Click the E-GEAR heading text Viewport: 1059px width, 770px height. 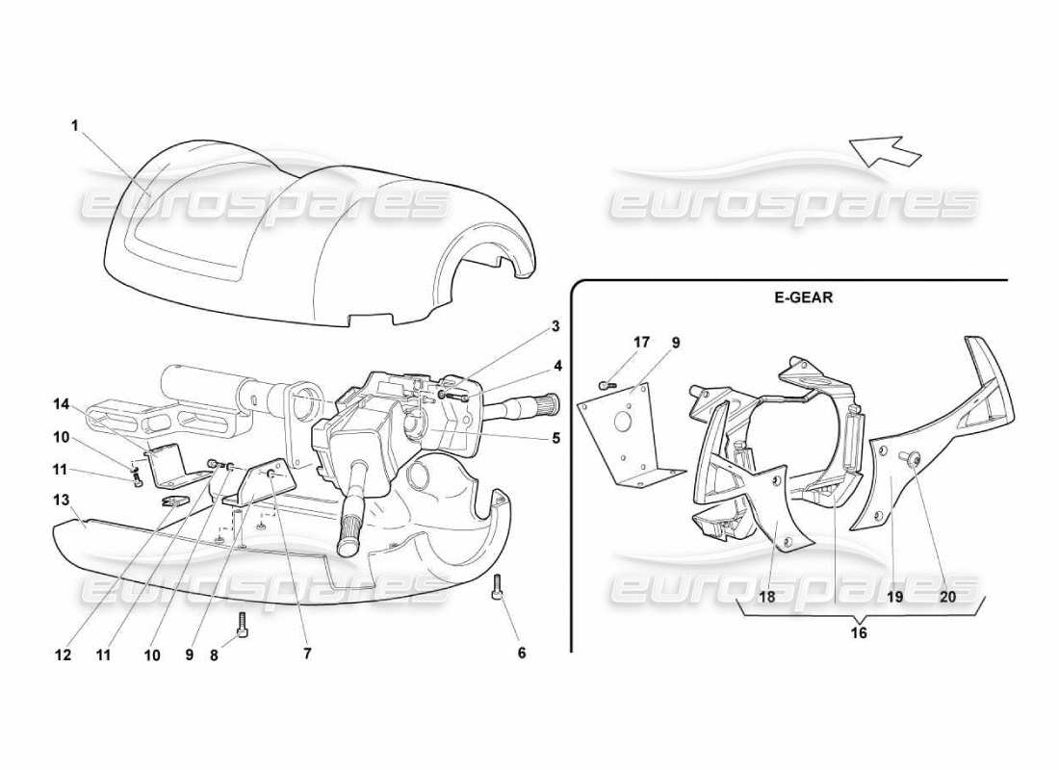803,297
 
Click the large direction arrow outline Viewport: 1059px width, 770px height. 885,150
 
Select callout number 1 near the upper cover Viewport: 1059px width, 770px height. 75,125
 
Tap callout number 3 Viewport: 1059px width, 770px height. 555,327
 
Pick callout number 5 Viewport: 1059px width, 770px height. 555,437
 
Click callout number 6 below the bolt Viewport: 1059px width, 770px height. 522,654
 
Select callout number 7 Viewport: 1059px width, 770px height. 307,654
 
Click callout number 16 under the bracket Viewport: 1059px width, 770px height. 859,633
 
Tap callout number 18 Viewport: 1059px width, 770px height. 767,597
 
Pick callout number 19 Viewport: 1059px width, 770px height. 894,597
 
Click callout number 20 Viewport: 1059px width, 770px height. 947,597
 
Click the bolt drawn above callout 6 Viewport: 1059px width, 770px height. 498,586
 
